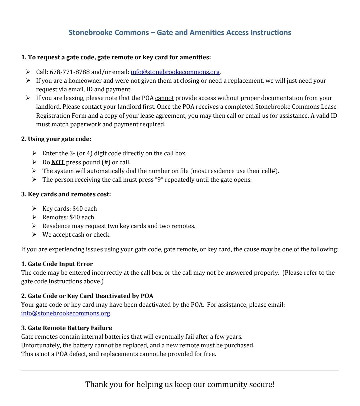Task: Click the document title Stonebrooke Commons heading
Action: point(180,33)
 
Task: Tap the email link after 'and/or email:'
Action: point(175,72)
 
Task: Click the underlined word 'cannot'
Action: point(164,98)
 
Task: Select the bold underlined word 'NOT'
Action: point(58,162)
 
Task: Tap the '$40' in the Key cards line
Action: point(77,209)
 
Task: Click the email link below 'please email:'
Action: point(65,313)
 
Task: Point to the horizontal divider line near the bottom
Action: point(180,370)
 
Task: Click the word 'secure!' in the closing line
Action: point(262,384)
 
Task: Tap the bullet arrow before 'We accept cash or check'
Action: point(34,235)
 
